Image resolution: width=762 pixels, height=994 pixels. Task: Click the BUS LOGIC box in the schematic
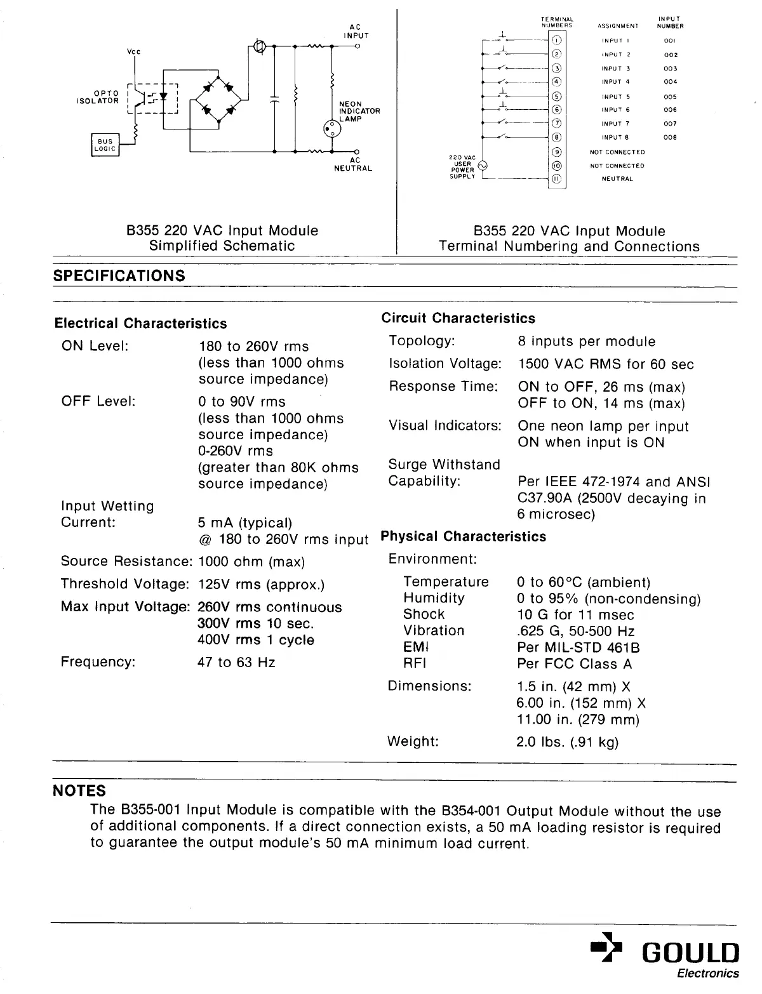pos(105,145)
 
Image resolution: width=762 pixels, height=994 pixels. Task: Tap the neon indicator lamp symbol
pos(332,129)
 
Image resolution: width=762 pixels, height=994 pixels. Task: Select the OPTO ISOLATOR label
pos(98,97)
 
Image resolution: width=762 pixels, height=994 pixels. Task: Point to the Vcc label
pos(133,52)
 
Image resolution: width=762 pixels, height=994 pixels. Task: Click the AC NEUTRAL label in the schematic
pos(353,164)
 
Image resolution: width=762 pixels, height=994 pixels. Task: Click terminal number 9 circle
pos(557,152)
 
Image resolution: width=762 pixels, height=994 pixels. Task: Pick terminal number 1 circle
pos(557,40)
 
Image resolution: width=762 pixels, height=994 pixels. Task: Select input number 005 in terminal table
pos(670,97)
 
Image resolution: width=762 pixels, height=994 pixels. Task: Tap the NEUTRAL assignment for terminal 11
pos(617,179)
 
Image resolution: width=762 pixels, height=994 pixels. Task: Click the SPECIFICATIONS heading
pos(119,276)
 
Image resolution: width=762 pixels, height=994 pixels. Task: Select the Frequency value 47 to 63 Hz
pos(236,663)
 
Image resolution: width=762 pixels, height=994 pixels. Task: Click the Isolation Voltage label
pos(444,364)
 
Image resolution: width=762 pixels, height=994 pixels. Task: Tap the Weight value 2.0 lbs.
pos(567,742)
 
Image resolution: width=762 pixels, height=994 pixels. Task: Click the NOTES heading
pos(79,791)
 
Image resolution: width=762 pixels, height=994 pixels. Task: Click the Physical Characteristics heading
pos(463,537)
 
